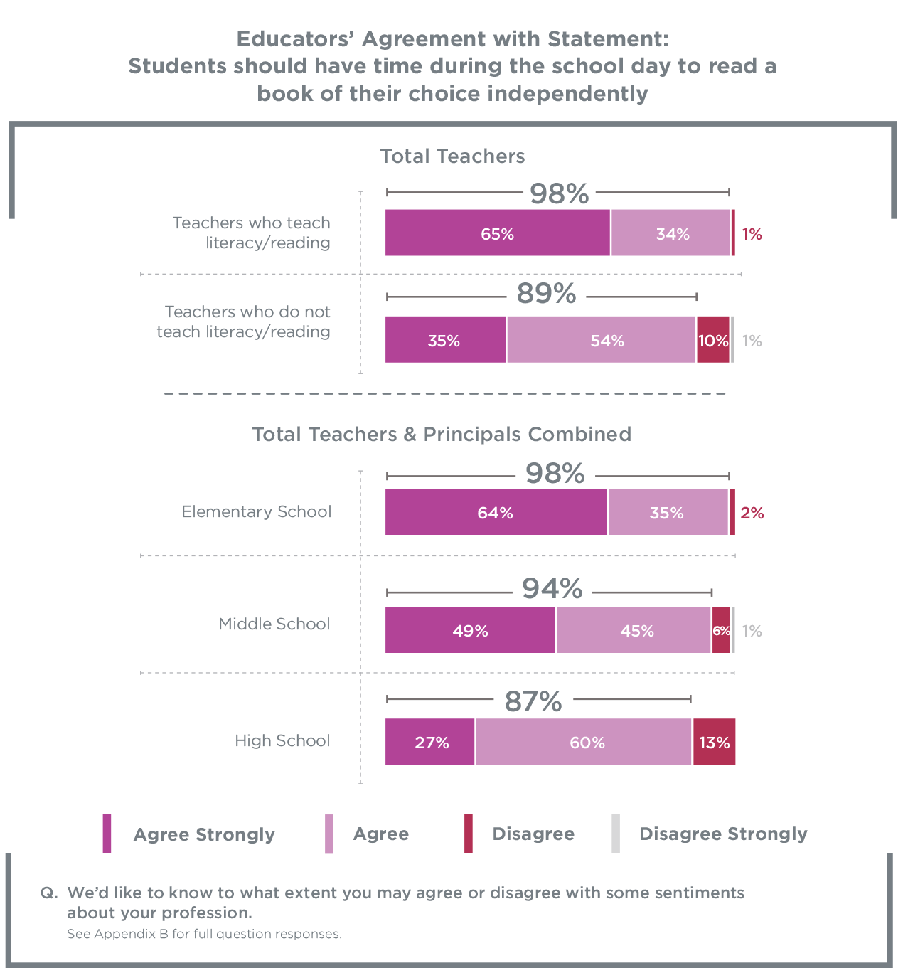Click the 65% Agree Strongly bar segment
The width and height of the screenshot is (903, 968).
tap(497, 233)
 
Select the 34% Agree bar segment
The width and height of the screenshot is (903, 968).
tap(670, 233)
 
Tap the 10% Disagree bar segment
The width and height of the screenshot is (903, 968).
tap(712, 339)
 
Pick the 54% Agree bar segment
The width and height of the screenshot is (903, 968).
tap(601, 339)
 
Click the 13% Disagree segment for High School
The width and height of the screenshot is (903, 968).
tap(714, 741)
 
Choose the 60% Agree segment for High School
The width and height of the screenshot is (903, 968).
tap(583, 741)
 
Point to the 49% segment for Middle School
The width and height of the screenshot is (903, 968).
tap(470, 629)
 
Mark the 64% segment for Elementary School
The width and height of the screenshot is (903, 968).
tap(496, 512)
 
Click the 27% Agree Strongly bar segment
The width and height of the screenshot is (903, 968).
tap(429, 741)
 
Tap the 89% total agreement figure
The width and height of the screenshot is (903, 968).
tap(546, 294)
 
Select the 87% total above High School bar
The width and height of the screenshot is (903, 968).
tap(533, 701)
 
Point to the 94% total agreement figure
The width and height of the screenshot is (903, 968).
tap(552, 588)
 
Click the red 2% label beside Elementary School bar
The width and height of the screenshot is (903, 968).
tap(752, 513)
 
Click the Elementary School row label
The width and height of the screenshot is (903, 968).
tap(257, 511)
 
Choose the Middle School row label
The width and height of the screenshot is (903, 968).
tap(274, 623)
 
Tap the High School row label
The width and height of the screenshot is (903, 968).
tap(283, 740)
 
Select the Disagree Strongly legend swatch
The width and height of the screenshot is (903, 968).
tap(616, 834)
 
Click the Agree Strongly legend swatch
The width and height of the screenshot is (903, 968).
tap(107, 834)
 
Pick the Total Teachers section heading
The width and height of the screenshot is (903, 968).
tap(452, 156)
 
